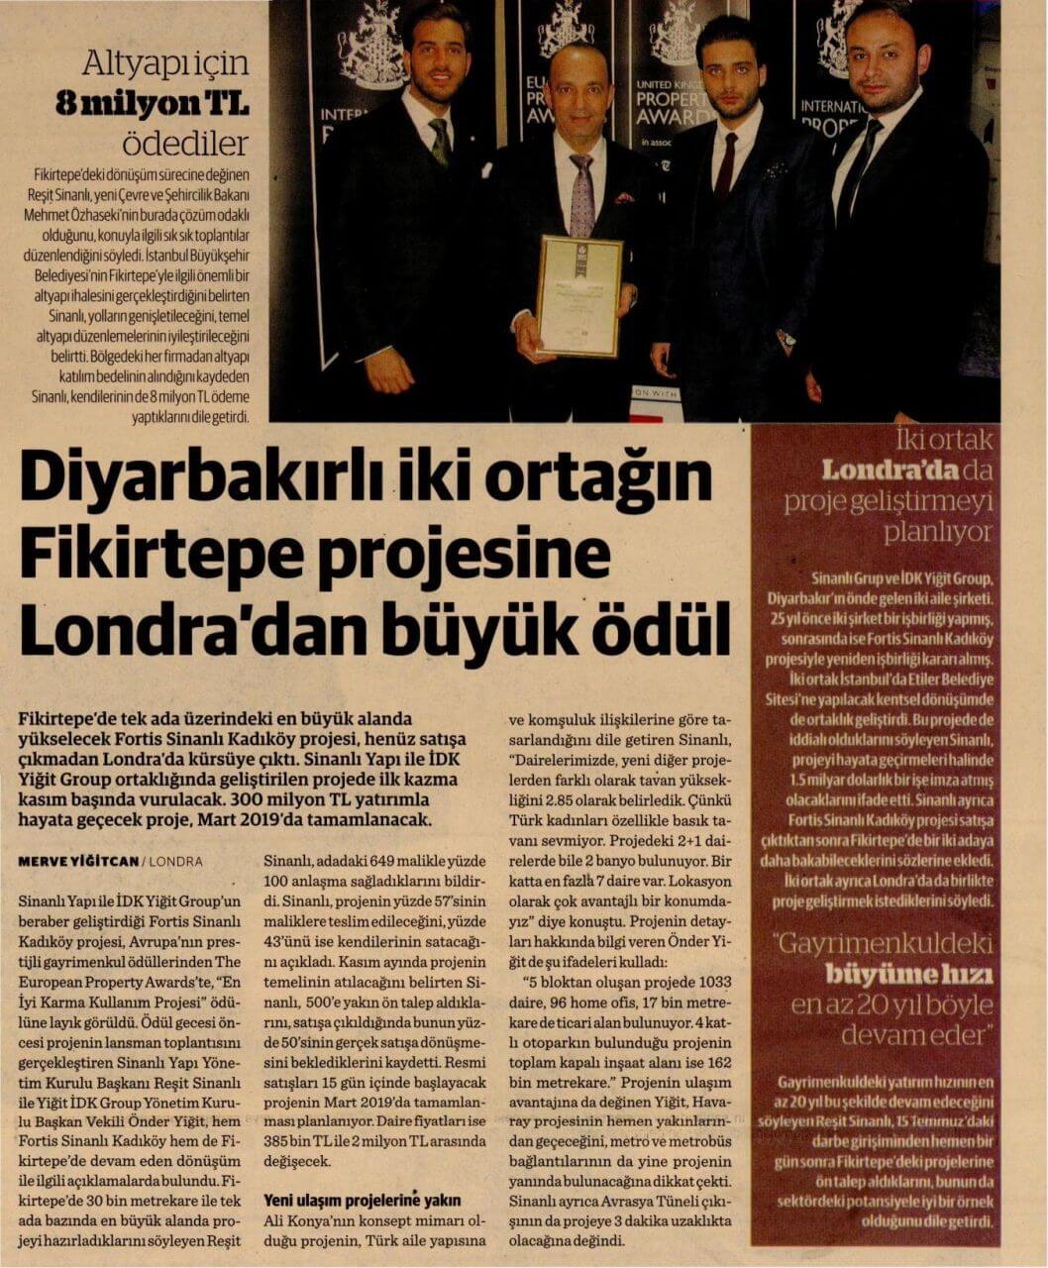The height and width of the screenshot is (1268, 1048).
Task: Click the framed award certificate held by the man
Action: (578, 295)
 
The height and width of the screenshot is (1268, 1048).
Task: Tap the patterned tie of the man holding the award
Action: (580, 193)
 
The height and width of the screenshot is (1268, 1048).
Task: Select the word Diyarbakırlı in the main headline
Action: (212, 477)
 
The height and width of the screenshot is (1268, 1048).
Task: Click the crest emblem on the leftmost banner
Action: (369, 45)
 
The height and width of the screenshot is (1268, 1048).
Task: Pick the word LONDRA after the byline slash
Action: (175, 862)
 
